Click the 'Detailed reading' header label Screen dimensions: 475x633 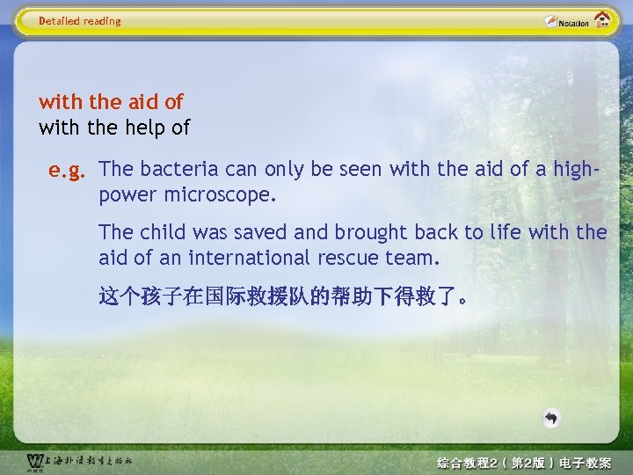pyautogui.click(x=80, y=21)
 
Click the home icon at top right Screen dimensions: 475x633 pyautogui.click(x=602, y=20)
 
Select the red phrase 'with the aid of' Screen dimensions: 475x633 pyautogui.click(x=111, y=102)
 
